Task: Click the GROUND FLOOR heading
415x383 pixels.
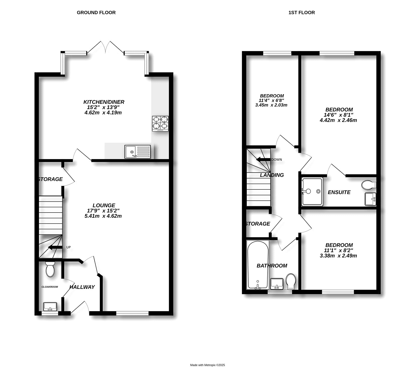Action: [x=96, y=12]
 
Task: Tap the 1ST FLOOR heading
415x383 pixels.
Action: [x=301, y=12]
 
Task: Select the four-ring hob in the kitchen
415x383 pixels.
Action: [x=160, y=123]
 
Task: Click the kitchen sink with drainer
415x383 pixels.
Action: [x=137, y=152]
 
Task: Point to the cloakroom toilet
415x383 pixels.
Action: [x=50, y=269]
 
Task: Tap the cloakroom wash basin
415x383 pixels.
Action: [x=50, y=306]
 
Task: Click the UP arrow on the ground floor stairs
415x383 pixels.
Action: [x=55, y=247]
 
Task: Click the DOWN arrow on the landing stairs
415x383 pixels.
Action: [x=263, y=159]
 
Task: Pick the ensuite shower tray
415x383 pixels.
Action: [x=312, y=191]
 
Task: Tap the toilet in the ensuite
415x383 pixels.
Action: [x=368, y=185]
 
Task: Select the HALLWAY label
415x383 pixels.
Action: [x=82, y=287]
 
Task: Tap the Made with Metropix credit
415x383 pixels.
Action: [x=208, y=365]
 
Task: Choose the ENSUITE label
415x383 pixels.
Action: [x=339, y=192]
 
